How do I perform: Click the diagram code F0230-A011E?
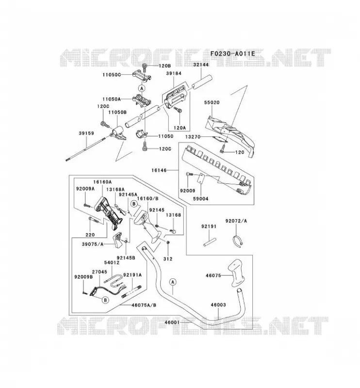[x=232, y=54]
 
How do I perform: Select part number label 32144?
[x=201, y=65]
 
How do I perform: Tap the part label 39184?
[x=174, y=74]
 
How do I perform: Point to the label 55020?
[x=212, y=102]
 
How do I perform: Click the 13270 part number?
[x=193, y=137]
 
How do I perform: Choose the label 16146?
[x=159, y=170]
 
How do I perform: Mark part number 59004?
[x=201, y=199]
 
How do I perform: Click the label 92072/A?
[x=236, y=221]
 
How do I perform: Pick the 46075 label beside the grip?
[x=213, y=275]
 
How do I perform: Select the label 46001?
[x=172, y=322]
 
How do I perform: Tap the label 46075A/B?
[x=144, y=305]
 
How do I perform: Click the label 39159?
[x=86, y=133]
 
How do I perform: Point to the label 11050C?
[x=112, y=75]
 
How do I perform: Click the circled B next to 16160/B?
[x=134, y=204]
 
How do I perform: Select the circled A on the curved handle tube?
[x=173, y=282]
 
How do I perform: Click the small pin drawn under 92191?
[x=210, y=242]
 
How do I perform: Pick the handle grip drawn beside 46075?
[x=237, y=273]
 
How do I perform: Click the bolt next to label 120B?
[x=145, y=67]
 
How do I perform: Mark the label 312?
[x=167, y=259]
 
